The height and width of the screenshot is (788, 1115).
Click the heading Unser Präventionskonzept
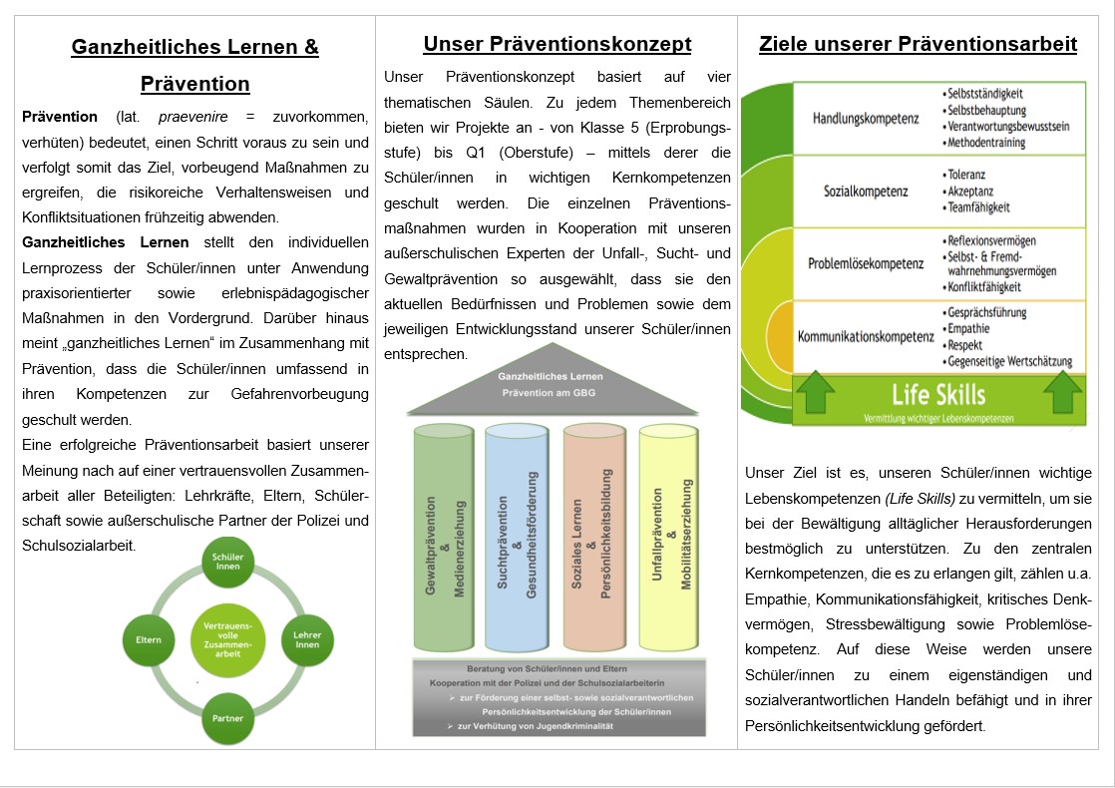557,44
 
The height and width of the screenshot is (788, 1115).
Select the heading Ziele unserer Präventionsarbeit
918,44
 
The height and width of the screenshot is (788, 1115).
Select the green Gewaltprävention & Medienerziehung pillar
444,539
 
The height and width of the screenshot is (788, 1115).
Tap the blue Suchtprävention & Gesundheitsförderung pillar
517,539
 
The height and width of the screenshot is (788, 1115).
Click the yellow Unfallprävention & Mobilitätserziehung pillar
669,539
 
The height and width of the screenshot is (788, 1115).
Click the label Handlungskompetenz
866,119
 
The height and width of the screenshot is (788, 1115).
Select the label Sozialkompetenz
866,191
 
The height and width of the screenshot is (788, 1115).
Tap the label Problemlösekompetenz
866,263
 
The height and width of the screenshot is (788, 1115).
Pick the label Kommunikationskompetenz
866,336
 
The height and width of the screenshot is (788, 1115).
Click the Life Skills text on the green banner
938,393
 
